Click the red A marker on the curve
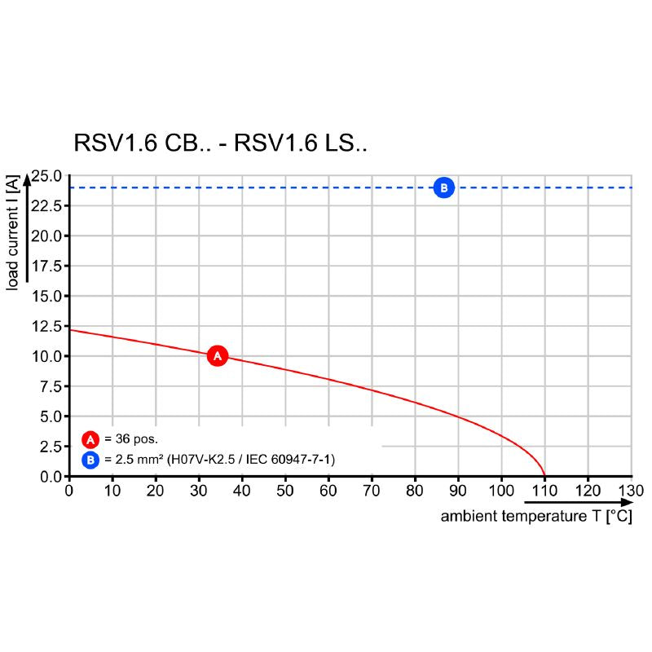tap(217, 355)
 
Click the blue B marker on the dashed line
tap(443, 188)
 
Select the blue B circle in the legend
tap(90, 460)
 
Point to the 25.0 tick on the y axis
tap(46, 176)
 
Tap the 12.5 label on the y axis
tap(46, 326)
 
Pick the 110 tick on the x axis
tap(544, 491)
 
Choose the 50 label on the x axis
tap(285, 491)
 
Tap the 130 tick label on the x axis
tap(631, 491)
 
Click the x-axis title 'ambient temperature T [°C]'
tap(536, 517)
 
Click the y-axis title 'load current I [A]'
tap(12, 232)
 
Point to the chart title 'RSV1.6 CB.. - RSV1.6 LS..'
tap(221, 144)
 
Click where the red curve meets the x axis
tap(544, 476)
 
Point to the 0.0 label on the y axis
tap(49, 476)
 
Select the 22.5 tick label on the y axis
tap(46, 206)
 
